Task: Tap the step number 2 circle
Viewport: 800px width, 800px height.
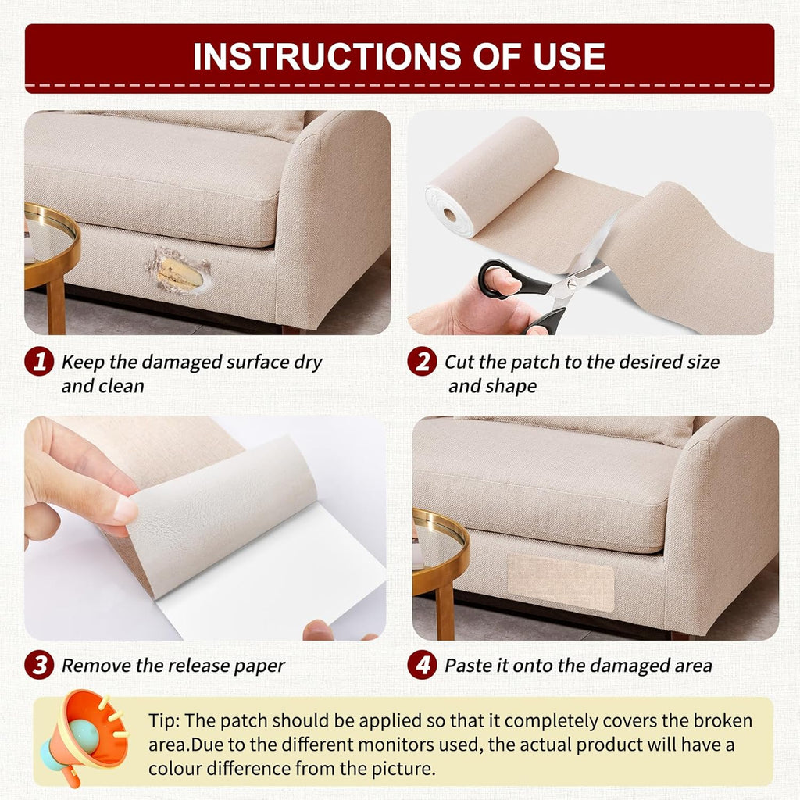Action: point(422,362)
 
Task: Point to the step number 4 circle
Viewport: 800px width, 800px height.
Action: point(422,665)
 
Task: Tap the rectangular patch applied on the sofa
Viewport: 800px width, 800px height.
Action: point(561,582)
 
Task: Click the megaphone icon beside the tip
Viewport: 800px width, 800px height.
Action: point(86,734)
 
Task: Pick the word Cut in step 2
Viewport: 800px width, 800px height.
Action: point(460,362)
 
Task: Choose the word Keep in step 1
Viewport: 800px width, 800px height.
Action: point(81,362)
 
